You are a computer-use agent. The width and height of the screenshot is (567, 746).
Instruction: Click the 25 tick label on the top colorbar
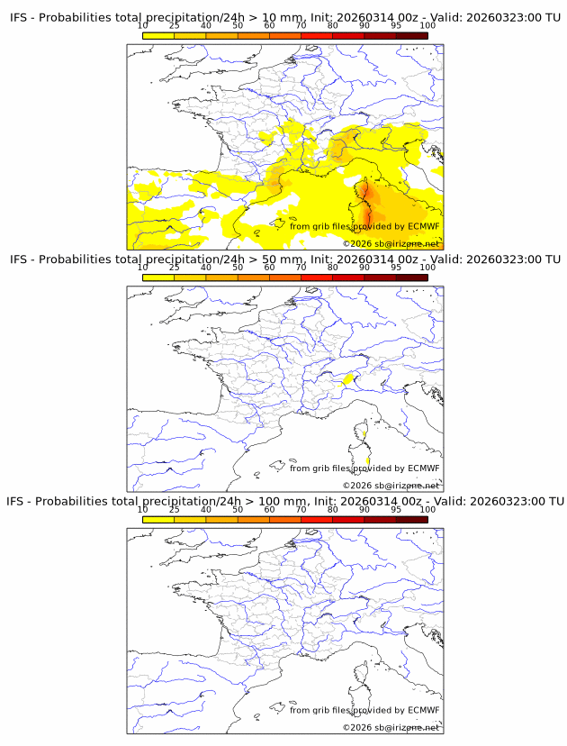(x=175, y=25)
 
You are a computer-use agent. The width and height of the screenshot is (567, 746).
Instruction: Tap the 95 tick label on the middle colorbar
(x=396, y=268)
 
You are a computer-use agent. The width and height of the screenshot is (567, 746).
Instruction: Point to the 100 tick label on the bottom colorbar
(x=427, y=509)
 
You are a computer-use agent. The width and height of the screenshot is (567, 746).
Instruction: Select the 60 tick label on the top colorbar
(x=269, y=25)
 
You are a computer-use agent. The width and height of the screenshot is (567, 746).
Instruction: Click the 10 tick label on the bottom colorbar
(x=143, y=509)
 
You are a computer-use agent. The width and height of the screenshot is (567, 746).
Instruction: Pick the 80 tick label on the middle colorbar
(x=333, y=268)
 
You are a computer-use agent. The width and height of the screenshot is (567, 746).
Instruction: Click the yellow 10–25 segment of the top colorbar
(x=158, y=35)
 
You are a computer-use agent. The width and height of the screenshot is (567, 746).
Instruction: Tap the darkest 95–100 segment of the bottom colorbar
(x=411, y=519)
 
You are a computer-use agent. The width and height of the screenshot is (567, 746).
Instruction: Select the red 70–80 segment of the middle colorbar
(x=317, y=277)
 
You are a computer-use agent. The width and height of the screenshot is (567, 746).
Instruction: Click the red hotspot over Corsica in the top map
(x=367, y=192)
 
